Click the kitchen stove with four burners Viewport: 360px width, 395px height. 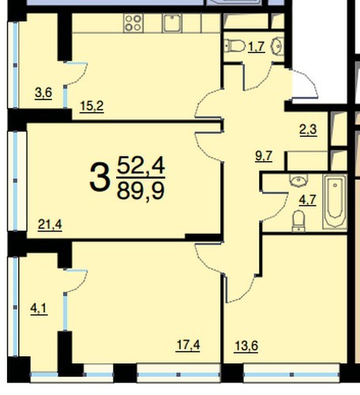(x=133, y=23)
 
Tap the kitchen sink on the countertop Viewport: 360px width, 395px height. (x=172, y=23)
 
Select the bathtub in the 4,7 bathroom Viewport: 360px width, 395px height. (x=335, y=202)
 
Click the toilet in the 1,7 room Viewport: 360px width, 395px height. (x=235, y=46)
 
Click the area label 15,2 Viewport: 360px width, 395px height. (x=92, y=106)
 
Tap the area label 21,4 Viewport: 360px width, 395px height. (x=50, y=224)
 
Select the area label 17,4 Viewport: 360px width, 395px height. (x=188, y=345)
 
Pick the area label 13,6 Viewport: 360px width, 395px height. (x=246, y=346)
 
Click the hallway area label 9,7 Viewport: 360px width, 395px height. (x=264, y=156)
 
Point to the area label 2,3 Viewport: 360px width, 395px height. (x=308, y=130)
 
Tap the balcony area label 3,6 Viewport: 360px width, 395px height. (x=43, y=93)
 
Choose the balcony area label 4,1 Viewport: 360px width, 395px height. (x=39, y=309)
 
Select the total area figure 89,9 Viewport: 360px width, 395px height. (x=141, y=190)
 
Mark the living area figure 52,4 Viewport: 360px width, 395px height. (x=141, y=165)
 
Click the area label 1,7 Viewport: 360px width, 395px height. (x=257, y=47)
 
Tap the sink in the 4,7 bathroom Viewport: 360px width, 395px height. (x=298, y=180)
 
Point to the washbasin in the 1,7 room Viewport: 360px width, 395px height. (x=278, y=46)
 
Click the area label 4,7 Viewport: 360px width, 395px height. (x=307, y=200)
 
